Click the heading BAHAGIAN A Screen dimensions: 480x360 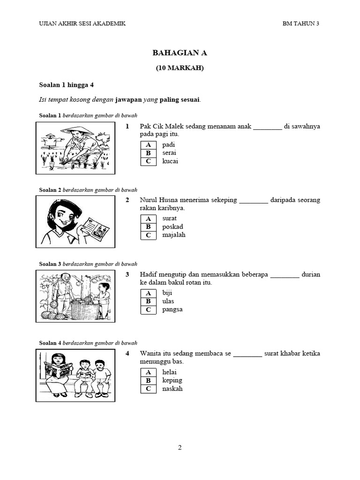pos(180,53)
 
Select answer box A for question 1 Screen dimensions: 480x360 pos(148,145)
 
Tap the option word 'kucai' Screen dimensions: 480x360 pos(170,161)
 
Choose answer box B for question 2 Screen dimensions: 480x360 pos(148,227)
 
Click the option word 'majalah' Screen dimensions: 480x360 pos(173,235)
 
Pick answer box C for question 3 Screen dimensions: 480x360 pos(148,309)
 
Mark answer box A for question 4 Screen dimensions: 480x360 pos(148,372)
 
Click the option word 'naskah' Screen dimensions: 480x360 pos(172,389)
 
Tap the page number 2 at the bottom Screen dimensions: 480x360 pos(180,448)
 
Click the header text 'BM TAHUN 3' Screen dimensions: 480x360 pos(300,23)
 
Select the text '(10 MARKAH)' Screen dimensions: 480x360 pos(180,68)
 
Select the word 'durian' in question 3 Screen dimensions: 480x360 pos(311,274)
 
